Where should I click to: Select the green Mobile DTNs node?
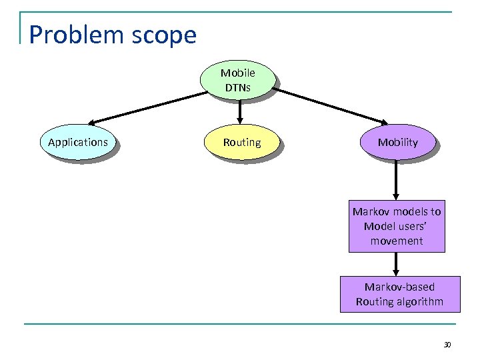click(238, 81)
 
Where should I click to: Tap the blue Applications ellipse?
click(78, 143)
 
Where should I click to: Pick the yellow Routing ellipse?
click(242, 143)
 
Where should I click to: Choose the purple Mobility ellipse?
click(397, 143)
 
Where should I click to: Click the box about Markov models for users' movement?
click(397, 226)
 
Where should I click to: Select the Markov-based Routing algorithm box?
click(399, 294)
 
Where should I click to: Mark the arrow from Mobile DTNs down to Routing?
click(241, 113)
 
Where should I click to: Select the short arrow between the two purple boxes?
click(397, 264)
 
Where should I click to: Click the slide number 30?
click(447, 345)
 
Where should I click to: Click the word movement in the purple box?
click(397, 241)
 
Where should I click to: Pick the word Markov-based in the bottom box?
click(399, 287)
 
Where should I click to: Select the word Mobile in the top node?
click(238, 73)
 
